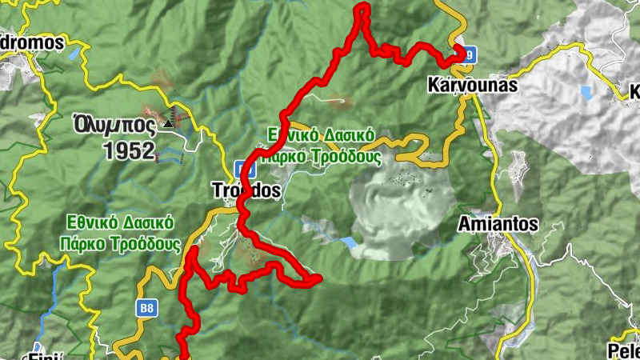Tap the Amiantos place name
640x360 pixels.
tap(498, 225)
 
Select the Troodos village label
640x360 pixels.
tap(247, 191)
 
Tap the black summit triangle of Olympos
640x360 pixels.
tap(168, 123)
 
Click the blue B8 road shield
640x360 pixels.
tap(146, 307)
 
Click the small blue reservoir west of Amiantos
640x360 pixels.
tap(348, 241)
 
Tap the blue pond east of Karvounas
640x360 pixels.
tap(587, 93)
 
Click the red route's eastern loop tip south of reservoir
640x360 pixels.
tap(318, 278)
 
